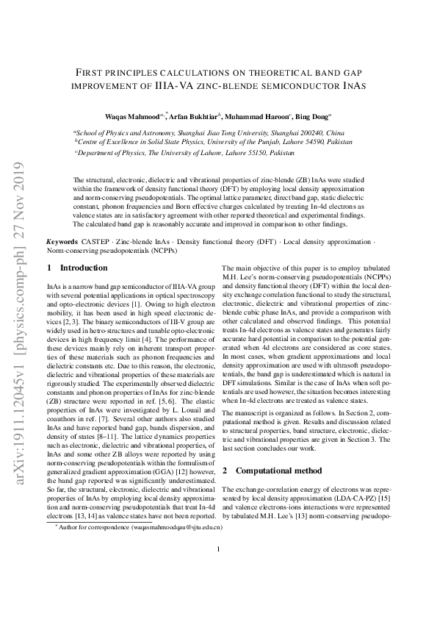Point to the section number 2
(x=225, y=470)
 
